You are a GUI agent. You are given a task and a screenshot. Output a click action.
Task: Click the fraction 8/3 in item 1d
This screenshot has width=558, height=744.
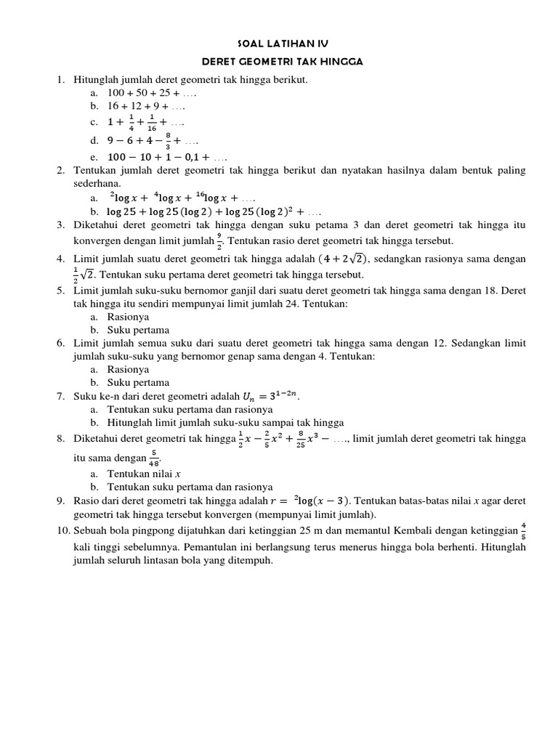coord(168,139)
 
